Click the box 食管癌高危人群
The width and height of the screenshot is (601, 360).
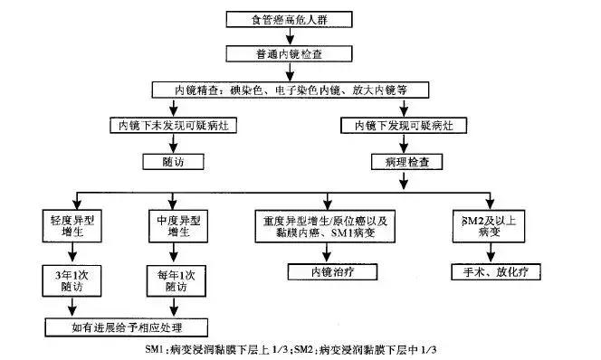click(289, 19)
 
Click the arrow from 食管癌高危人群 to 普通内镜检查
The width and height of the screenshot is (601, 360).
click(289, 36)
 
